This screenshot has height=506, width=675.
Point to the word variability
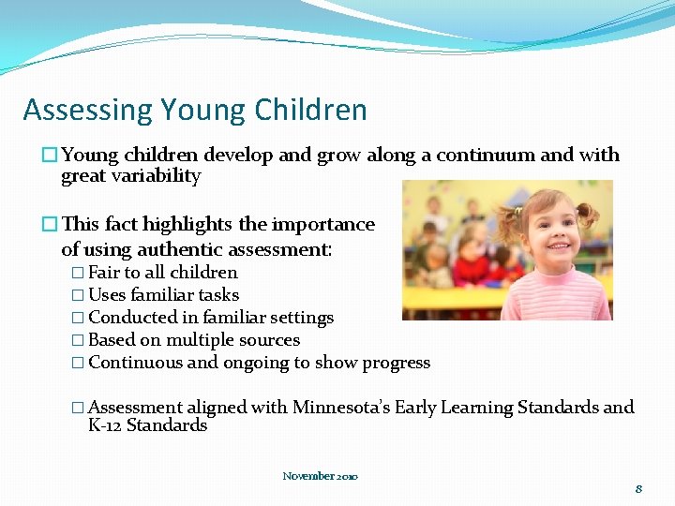[x=156, y=176]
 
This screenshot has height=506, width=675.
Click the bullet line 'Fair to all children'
[x=162, y=273]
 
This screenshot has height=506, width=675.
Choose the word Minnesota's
[x=341, y=408]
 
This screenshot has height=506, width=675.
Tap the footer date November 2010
[x=320, y=476]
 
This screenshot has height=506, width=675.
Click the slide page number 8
[x=638, y=489]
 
